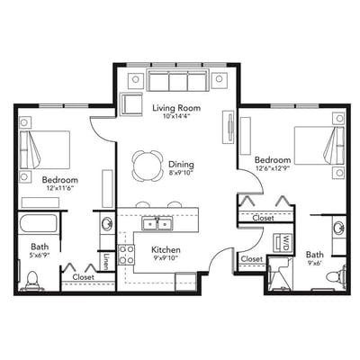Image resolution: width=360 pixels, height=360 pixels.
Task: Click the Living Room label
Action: pyautogui.click(x=176, y=107)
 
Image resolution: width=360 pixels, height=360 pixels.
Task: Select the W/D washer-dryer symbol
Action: pyautogui.click(x=282, y=242)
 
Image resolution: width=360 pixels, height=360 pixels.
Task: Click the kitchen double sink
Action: pyautogui.click(x=157, y=224)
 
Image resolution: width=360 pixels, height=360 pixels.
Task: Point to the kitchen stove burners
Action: pyautogui.click(x=126, y=255)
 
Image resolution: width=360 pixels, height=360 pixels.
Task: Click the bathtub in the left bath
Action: pyautogui.click(x=38, y=223)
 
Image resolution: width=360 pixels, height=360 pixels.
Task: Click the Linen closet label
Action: pyautogui.click(x=106, y=261)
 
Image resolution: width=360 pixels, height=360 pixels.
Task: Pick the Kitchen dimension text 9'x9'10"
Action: pyautogui.click(x=166, y=257)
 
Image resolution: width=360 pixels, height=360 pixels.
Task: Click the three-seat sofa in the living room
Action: pyautogui.click(x=178, y=80)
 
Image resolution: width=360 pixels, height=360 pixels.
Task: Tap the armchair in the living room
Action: pyautogui.click(x=130, y=104)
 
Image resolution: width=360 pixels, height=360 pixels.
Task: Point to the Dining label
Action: pyautogui.click(x=181, y=165)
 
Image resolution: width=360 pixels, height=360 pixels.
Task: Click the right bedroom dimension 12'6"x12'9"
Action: pyautogui.click(x=273, y=168)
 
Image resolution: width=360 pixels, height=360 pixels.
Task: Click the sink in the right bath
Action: pyautogui.click(x=339, y=227)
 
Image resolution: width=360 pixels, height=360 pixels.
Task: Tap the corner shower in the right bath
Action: pyautogui.click(x=280, y=274)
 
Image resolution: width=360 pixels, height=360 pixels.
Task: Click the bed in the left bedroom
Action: pyautogui.click(x=45, y=149)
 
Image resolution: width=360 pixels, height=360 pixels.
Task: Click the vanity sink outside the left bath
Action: pyautogui.click(x=107, y=223)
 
